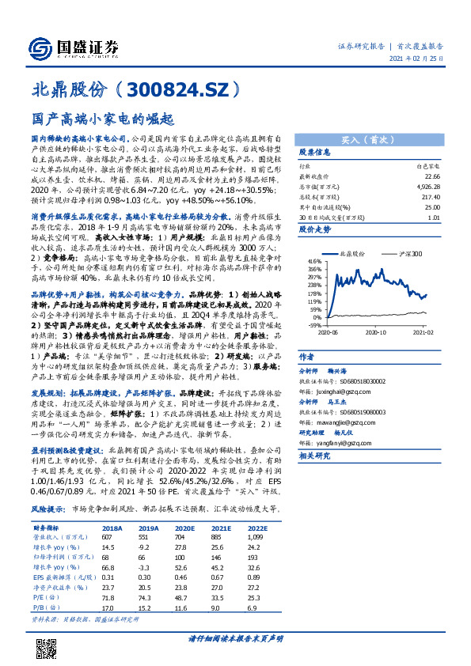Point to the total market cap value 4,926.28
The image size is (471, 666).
coord(427,187)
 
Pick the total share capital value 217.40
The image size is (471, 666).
coord(431,196)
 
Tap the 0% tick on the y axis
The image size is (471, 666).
coord(316,313)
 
